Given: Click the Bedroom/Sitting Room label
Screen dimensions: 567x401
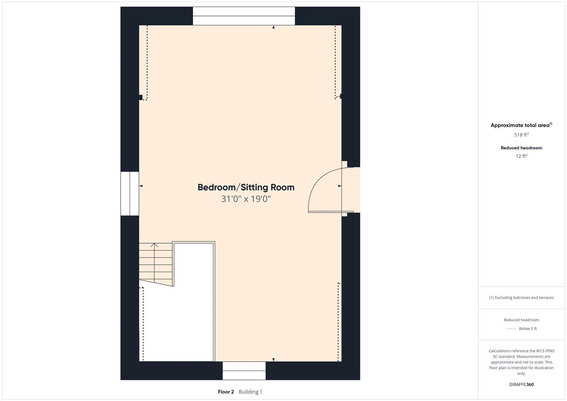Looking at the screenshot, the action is (246, 188).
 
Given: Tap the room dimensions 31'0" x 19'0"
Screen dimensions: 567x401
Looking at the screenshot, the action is (246, 199).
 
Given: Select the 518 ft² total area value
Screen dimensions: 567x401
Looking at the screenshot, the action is (521, 135).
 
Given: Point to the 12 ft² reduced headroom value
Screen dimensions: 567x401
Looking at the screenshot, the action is (521, 156).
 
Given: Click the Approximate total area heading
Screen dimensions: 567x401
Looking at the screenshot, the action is (521, 125).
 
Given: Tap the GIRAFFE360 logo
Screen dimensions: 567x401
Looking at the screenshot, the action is (521, 384).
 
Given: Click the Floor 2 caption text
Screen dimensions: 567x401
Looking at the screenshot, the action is (226, 392).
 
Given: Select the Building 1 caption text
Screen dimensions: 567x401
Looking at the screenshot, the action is (250, 392).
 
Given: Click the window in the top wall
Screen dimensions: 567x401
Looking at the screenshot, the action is (244, 16).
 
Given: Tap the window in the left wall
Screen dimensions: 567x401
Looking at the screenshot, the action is (130, 194).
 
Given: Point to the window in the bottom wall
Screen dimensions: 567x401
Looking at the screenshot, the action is (244, 371).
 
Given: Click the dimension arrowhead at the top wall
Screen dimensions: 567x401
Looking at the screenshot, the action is (273, 27).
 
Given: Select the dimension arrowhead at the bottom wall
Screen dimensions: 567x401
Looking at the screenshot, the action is (273, 359).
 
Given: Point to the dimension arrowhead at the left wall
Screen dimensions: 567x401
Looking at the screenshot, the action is (141, 186).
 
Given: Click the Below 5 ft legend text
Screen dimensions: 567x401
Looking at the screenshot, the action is (528, 329).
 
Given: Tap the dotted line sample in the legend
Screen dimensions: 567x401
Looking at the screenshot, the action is (511, 329).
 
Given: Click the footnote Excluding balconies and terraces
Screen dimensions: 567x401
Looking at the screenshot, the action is (521, 298).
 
